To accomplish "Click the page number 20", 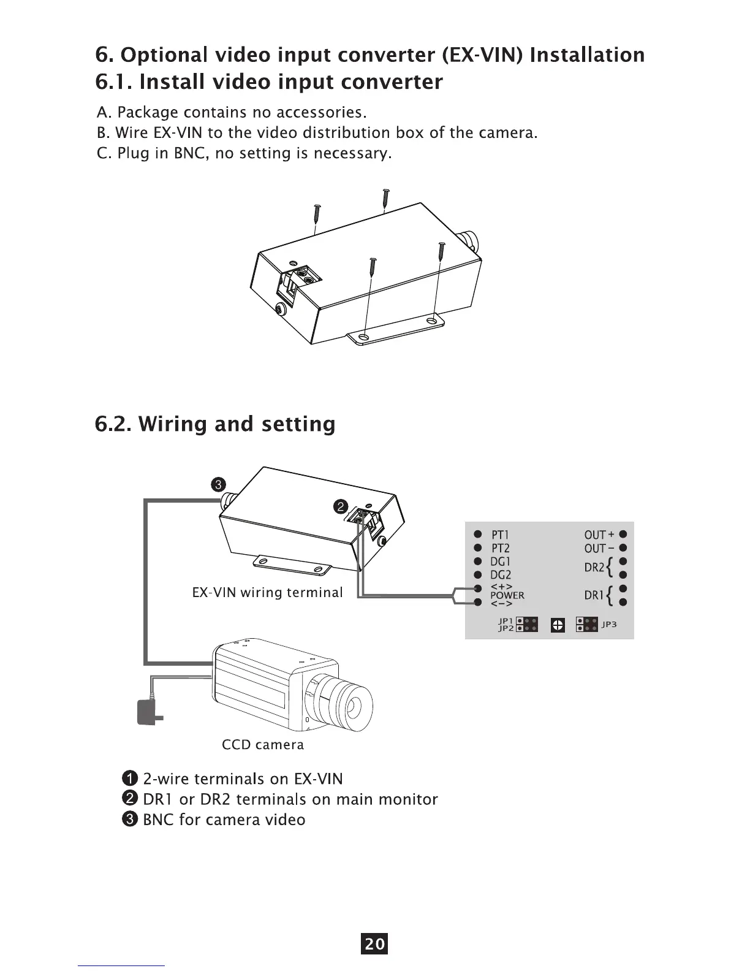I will (374, 943).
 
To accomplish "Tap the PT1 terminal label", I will (501, 535).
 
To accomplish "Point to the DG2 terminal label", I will (501, 574).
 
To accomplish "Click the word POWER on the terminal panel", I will (507, 595).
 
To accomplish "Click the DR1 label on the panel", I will (594, 595).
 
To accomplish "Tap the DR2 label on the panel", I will (594, 568).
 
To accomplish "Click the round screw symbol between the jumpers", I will (558, 625).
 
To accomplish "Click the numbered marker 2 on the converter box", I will (340, 507).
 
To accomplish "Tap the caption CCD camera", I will (262, 745).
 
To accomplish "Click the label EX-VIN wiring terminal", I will (267, 593).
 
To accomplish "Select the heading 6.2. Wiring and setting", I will (215, 424).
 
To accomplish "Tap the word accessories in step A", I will (320, 113).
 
